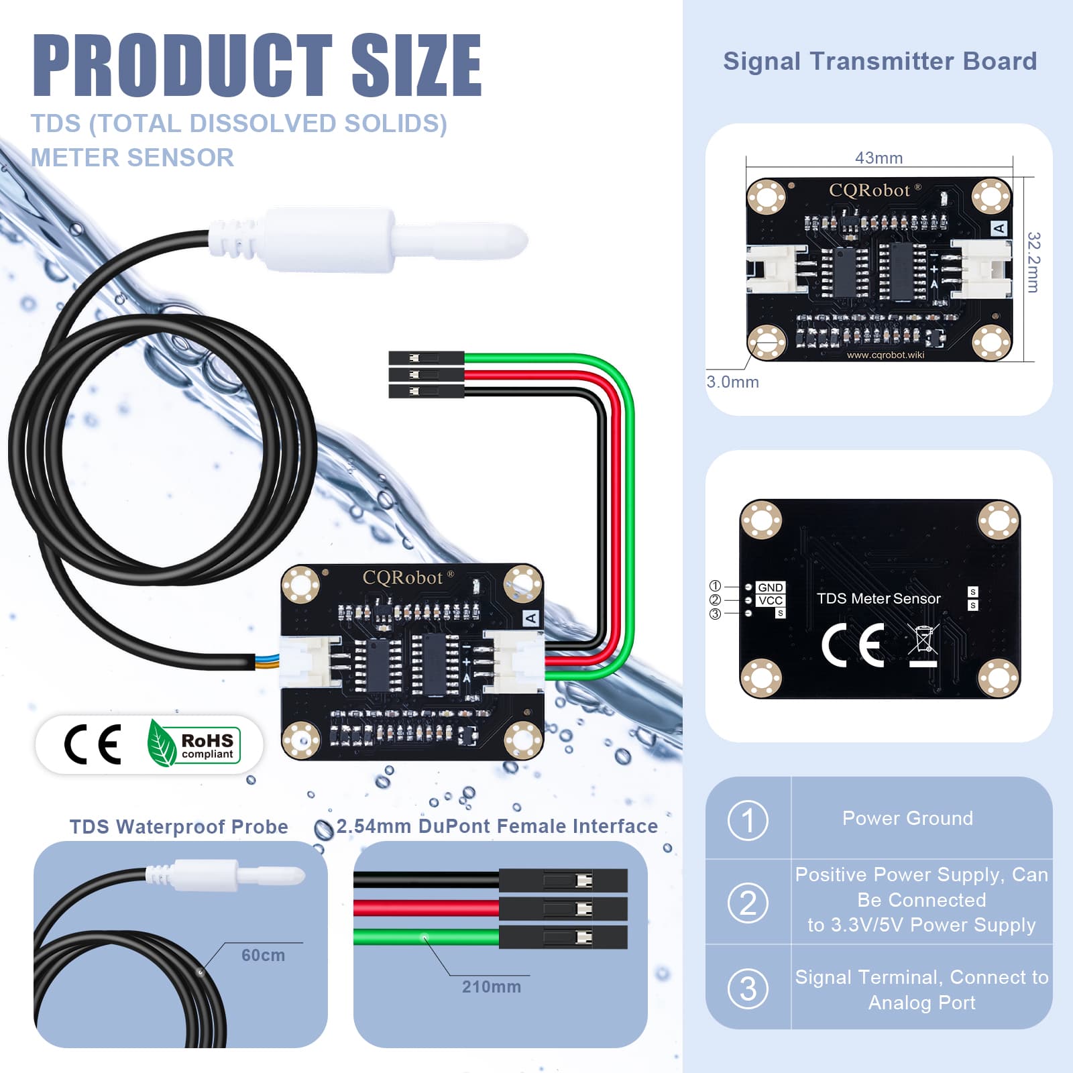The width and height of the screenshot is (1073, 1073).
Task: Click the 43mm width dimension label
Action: tap(879, 158)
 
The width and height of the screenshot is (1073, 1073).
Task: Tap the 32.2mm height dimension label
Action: tap(1033, 262)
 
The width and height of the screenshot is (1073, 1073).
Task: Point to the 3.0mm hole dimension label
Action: tap(732, 382)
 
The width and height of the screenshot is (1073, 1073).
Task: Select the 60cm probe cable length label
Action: tap(263, 955)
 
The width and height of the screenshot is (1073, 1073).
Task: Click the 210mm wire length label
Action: tap(492, 986)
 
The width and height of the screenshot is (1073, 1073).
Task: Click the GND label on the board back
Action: tap(770, 587)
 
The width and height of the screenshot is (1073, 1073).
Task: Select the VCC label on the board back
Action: tap(771, 600)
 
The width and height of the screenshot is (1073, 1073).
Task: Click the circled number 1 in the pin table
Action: tap(748, 820)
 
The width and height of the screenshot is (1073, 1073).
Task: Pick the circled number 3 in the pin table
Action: tap(748, 989)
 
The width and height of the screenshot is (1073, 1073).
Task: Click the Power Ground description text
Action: tap(907, 818)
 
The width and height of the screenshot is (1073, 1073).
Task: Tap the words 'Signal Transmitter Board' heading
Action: tap(880, 61)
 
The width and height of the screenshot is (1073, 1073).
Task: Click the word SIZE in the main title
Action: tap(416, 65)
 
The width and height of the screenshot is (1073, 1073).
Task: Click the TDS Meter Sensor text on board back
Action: tap(879, 598)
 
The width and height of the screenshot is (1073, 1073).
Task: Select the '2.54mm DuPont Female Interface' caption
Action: tap(497, 826)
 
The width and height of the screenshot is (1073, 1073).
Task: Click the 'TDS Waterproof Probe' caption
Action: tap(179, 827)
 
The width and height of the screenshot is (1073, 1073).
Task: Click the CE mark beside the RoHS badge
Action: tap(93, 744)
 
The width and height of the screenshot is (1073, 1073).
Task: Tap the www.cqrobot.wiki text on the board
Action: tap(885, 355)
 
